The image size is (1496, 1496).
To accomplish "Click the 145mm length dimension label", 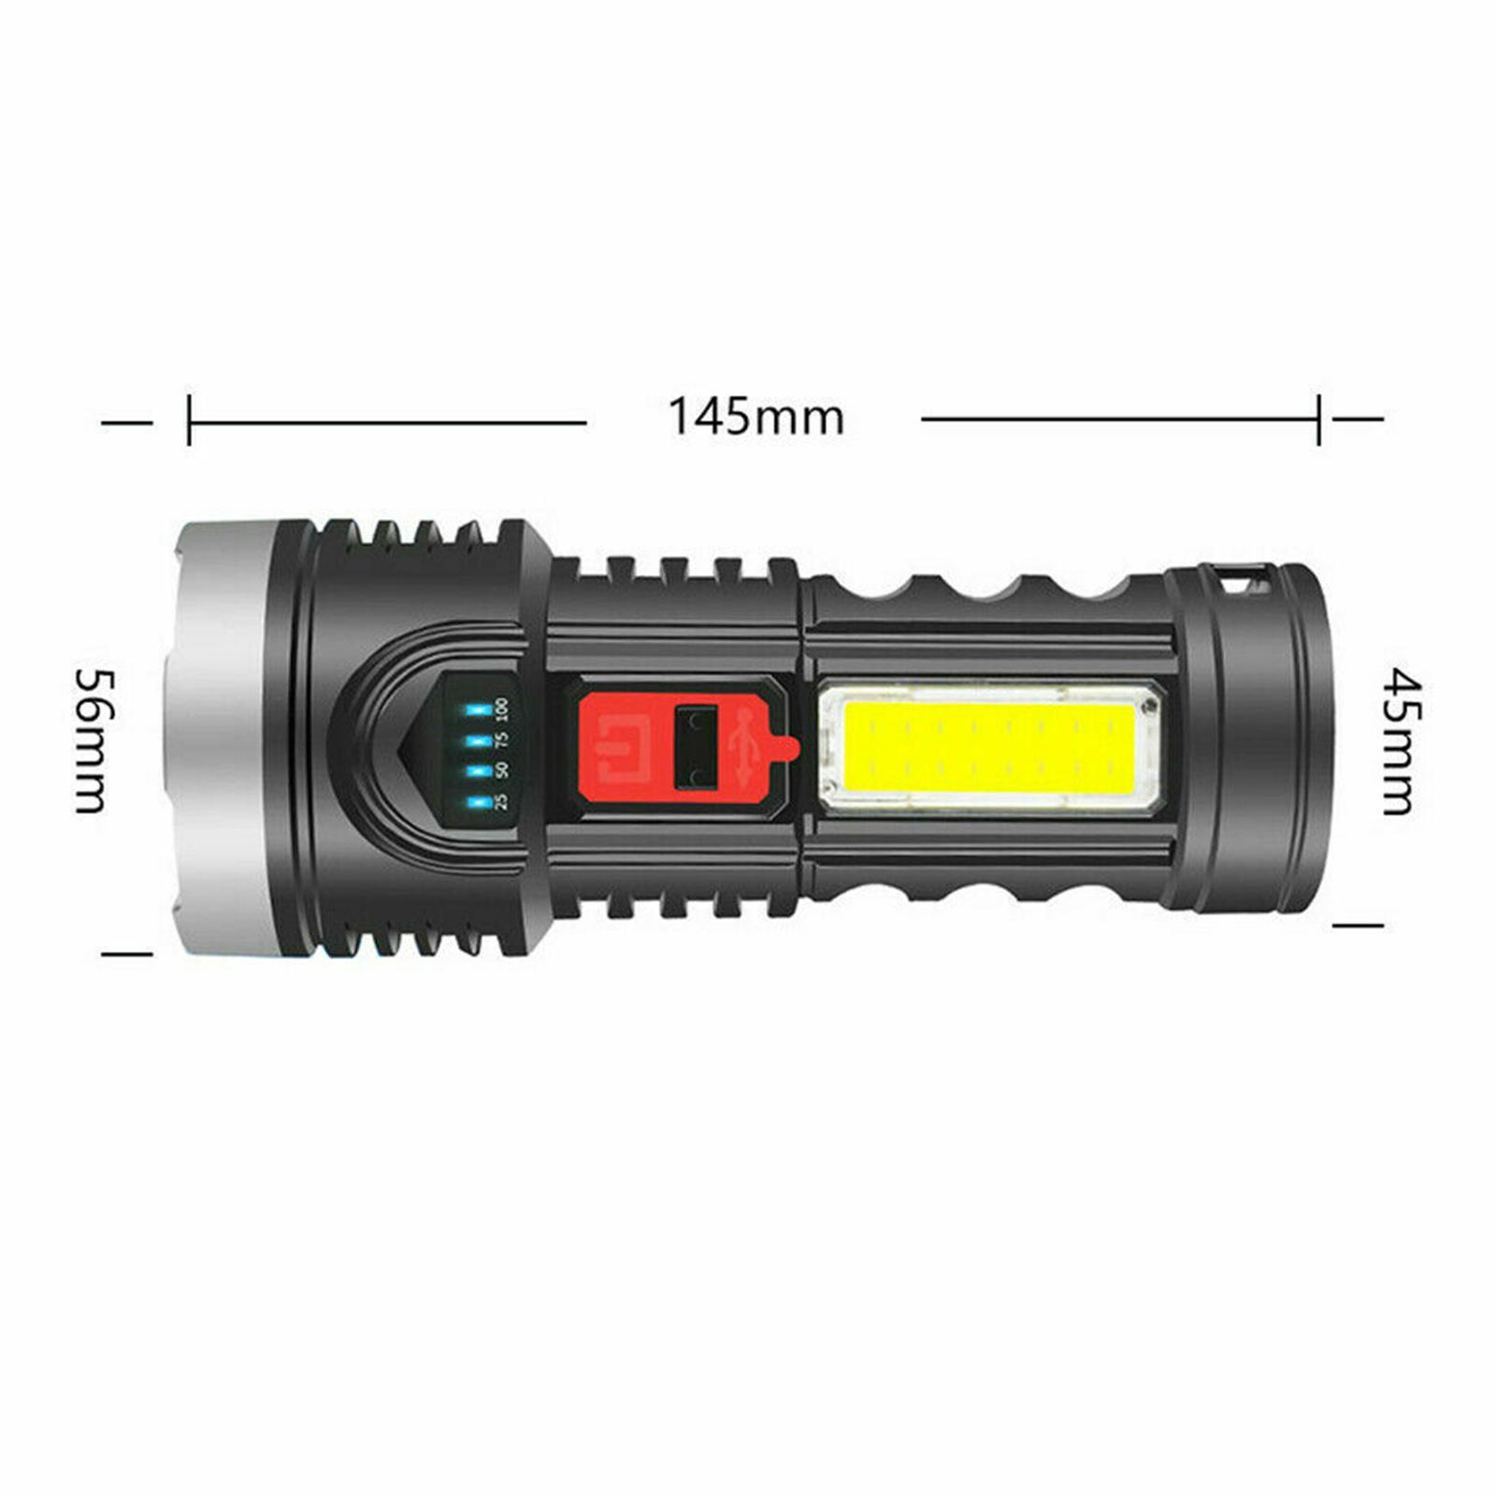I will (x=755, y=417).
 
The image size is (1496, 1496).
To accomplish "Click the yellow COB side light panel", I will (x=989, y=745).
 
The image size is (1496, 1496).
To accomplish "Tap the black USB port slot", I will (x=697, y=746).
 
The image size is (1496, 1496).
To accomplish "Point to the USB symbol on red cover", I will (x=744, y=745).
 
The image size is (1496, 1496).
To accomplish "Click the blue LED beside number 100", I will (x=479, y=710).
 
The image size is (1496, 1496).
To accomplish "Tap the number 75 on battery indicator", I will (x=503, y=740).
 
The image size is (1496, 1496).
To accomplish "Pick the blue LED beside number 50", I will (x=479, y=771).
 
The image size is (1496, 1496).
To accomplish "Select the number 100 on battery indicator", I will (x=503, y=708).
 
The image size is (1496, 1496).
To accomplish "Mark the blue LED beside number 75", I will (x=479, y=741).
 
